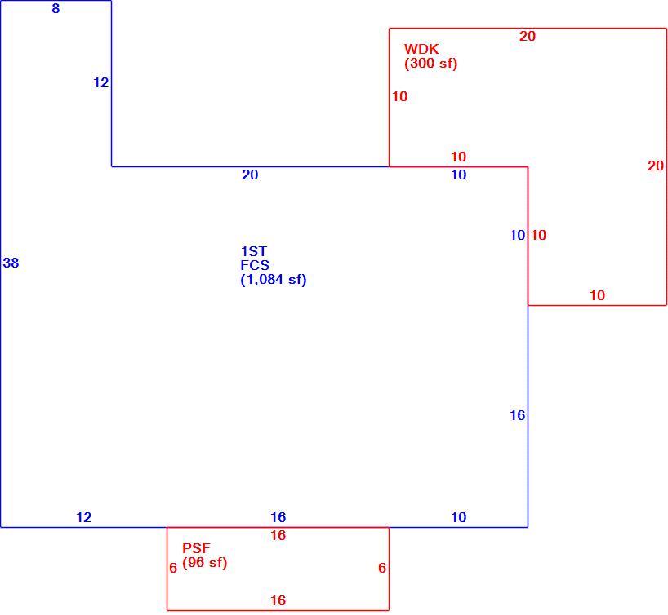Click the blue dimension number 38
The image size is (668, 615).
[x=11, y=263]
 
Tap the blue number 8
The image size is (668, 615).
[x=56, y=8]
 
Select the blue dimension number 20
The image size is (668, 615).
[x=250, y=175]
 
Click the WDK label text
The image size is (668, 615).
[x=421, y=49]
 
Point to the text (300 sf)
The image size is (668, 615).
[x=430, y=64]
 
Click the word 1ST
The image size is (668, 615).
[x=254, y=251]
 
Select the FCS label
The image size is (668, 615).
[x=255, y=265]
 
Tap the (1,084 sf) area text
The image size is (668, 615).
[x=274, y=280]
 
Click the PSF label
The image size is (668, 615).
[x=196, y=548]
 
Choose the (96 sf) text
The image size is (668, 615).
[x=204, y=563]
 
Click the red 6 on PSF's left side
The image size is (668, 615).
[x=173, y=568]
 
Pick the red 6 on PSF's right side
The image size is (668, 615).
[x=382, y=568]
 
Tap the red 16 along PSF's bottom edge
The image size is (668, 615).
[x=278, y=600]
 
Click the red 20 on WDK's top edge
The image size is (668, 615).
[x=528, y=36]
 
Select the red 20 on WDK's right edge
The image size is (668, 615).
[x=656, y=166]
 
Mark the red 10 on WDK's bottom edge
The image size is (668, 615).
[x=597, y=295]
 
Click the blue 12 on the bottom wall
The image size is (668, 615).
[x=84, y=518]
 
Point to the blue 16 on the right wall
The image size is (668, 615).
[x=518, y=415]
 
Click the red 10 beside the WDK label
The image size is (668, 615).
[x=399, y=96]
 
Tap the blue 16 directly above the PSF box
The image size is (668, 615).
[x=278, y=518]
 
